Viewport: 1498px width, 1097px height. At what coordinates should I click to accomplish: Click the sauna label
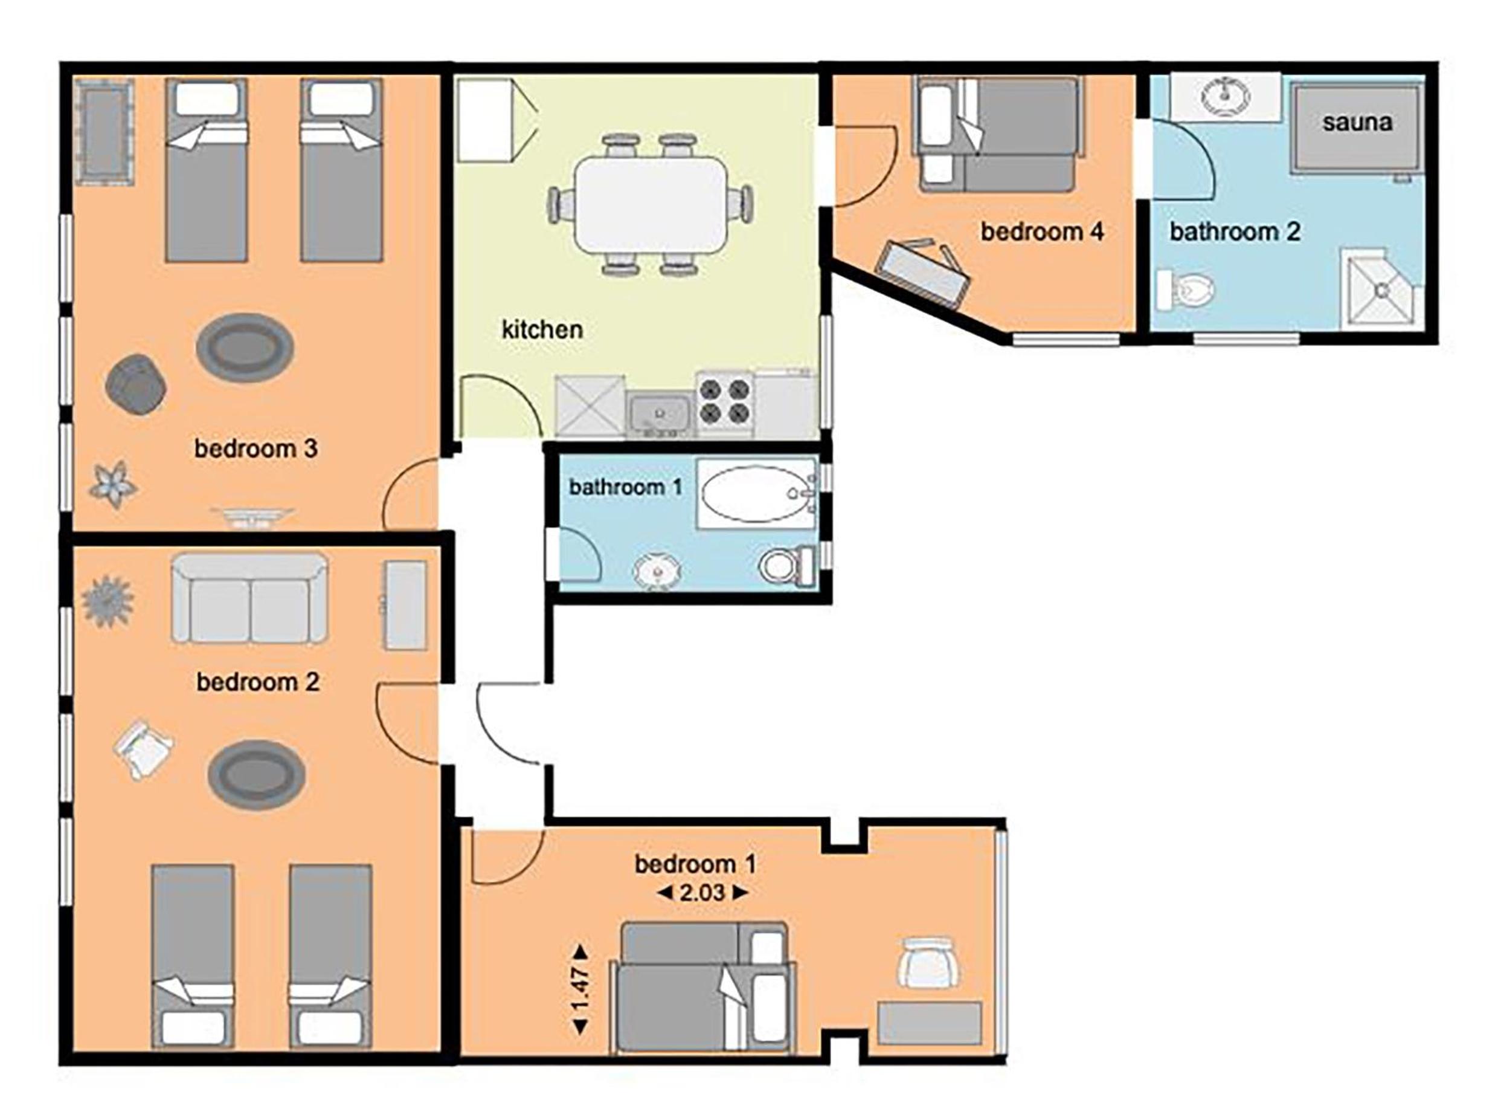[x=1357, y=123]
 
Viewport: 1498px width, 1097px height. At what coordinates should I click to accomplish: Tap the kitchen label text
[x=542, y=329]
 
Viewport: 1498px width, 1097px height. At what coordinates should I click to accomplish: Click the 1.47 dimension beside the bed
[x=580, y=989]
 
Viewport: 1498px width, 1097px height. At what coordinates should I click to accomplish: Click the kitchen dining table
[x=651, y=204]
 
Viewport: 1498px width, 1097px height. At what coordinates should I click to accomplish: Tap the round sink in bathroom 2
[x=1225, y=97]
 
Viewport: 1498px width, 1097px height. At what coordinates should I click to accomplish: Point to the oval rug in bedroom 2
[x=256, y=774]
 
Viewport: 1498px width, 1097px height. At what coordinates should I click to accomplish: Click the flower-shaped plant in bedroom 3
[x=114, y=485]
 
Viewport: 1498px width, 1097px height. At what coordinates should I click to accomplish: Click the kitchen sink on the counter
[x=660, y=415]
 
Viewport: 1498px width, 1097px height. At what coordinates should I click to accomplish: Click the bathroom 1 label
[x=625, y=487]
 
